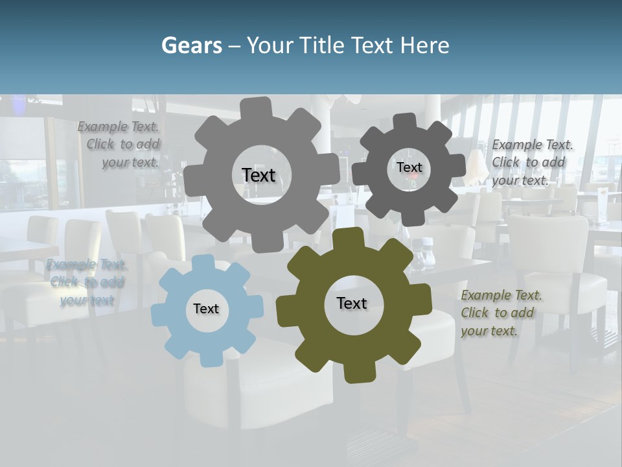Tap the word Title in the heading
[x=323, y=45]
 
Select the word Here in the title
[x=424, y=45]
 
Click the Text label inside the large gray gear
[x=259, y=175]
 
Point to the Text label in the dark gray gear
[x=409, y=167]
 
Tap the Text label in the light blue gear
[x=206, y=309]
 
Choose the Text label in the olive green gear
[x=352, y=303]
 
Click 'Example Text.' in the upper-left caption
[x=118, y=126]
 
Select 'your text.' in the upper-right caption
[x=520, y=180]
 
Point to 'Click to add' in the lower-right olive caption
[x=498, y=313]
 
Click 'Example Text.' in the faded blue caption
[x=87, y=265]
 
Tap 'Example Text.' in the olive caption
[x=501, y=295]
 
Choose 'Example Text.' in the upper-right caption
[x=533, y=145]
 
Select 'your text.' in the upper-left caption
[x=130, y=162]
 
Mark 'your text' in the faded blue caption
[x=87, y=300]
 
